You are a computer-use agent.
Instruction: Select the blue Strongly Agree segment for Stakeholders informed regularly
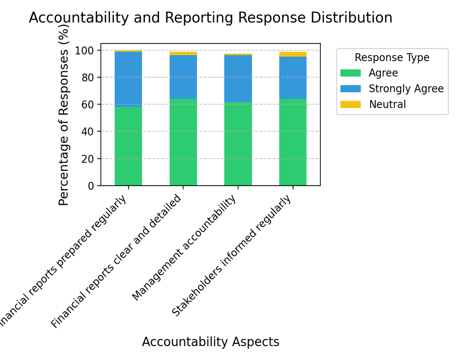(x=293, y=77)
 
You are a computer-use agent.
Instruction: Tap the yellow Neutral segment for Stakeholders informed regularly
(x=293, y=54)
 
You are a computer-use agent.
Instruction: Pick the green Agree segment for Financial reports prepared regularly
(x=128, y=146)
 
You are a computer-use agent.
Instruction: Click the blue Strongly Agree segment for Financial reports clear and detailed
(x=183, y=77)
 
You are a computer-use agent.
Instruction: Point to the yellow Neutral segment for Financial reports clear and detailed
(x=183, y=54)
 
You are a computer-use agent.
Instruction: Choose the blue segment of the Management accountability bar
(x=238, y=78)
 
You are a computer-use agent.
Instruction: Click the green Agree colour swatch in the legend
(x=350, y=73)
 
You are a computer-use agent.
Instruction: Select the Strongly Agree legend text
(x=406, y=89)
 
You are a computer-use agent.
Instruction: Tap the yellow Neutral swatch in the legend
(x=350, y=104)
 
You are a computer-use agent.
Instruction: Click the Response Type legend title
(x=392, y=58)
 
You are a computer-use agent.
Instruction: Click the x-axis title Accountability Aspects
(x=210, y=342)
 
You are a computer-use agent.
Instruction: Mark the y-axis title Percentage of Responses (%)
(x=64, y=115)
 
